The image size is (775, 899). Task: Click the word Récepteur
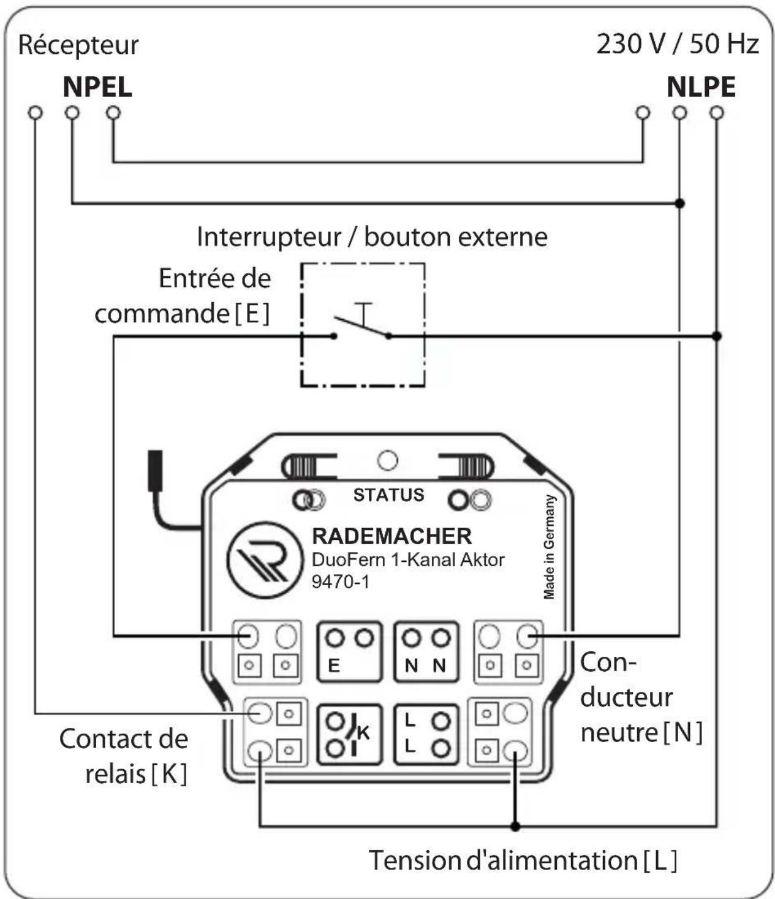point(78,45)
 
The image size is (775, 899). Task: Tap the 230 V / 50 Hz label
point(677,44)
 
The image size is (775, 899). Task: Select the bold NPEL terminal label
point(97,87)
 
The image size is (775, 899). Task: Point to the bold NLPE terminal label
point(701,87)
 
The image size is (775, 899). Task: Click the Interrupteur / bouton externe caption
point(372,238)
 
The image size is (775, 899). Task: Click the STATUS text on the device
point(388,495)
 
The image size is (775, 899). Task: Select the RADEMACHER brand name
point(392,536)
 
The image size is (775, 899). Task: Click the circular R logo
point(265,560)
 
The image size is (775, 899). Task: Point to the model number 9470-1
point(341,582)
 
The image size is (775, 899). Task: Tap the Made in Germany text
point(550,547)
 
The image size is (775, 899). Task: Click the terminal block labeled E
point(350,651)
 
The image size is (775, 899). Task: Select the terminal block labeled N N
point(426,651)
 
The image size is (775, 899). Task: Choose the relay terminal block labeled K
point(350,735)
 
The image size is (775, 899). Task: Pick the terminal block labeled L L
point(426,735)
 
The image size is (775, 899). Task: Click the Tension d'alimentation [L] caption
point(523,860)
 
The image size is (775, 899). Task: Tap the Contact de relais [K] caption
point(124,756)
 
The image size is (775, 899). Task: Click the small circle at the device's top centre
point(387,460)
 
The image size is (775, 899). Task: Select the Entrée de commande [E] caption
point(183,296)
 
